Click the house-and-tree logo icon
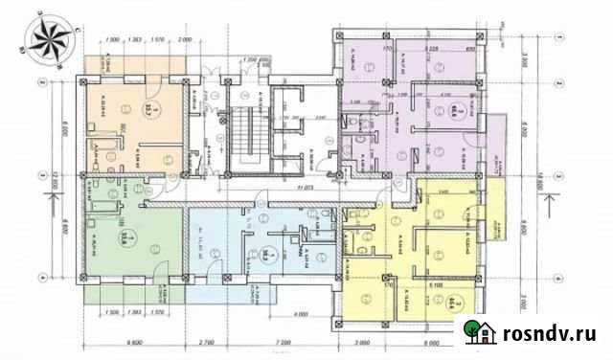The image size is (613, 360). pos(481,331)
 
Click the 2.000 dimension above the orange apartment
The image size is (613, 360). pos(185,40)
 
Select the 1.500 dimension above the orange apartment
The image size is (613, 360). pos(112,40)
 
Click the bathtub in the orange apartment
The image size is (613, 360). pos(100,152)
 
